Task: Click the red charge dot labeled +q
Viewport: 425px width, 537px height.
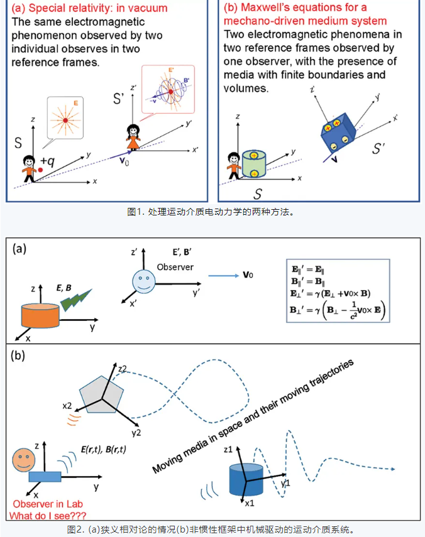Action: point(40,169)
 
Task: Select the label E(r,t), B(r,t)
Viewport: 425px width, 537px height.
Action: point(103,450)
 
